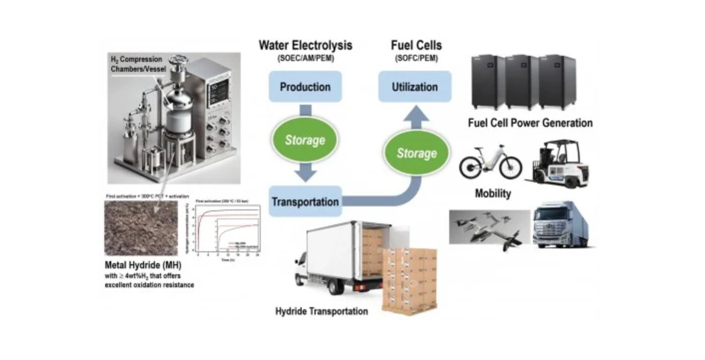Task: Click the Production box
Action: click(x=305, y=87)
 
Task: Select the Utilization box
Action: click(x=415, y=87)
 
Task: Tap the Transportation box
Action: click(x=305, y=202)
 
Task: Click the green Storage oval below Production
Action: click(x=305, y=140)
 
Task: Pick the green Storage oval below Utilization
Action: click(x=416, y=153)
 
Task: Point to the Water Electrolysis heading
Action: click(x=305, y=45)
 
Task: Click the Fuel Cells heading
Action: click(x=415, y=45)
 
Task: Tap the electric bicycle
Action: click(x=490, y=163)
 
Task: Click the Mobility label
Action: click(x=493, y=193)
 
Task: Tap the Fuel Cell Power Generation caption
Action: click(x=530, y=123)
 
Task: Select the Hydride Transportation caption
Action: click(x=322, y=312)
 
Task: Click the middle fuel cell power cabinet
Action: click(x=522, y=82)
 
